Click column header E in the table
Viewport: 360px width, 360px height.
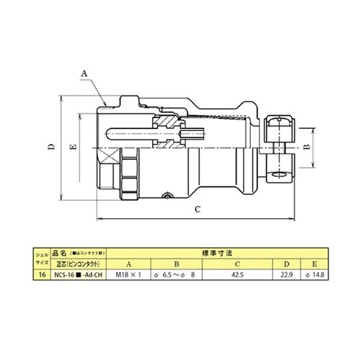315,264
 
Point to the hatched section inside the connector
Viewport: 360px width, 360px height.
167,122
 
